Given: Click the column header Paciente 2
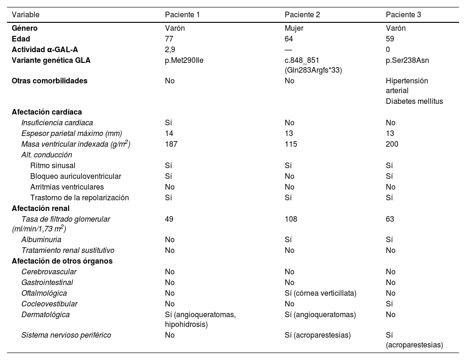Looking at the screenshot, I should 302,14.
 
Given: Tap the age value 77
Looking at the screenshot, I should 170,39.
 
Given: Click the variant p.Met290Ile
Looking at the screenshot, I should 184,60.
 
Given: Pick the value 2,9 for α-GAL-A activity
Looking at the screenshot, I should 171,49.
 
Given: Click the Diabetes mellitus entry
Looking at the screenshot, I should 414,101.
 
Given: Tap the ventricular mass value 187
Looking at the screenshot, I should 171,144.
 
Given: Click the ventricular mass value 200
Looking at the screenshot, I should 392,144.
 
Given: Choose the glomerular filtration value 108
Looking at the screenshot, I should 291,219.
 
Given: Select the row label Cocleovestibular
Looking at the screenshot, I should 49,304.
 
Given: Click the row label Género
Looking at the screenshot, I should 25,28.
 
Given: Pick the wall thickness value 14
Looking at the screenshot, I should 169,134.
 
